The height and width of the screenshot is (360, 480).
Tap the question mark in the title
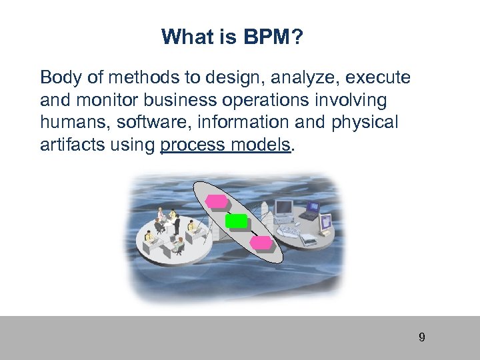tap(298, 37)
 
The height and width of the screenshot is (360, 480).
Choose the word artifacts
tap(69, 145)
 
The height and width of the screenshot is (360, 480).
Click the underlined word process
tap(192, 145)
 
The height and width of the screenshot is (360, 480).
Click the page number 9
tap(421, 337)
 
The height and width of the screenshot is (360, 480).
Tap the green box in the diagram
tap(236, 221)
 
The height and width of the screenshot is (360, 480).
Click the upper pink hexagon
tap(216, 201)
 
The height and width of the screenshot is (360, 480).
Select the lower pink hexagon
tap(261, 241)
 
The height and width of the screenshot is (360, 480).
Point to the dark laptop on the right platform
tap(310, 211)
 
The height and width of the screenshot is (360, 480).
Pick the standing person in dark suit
tap(175, 225)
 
